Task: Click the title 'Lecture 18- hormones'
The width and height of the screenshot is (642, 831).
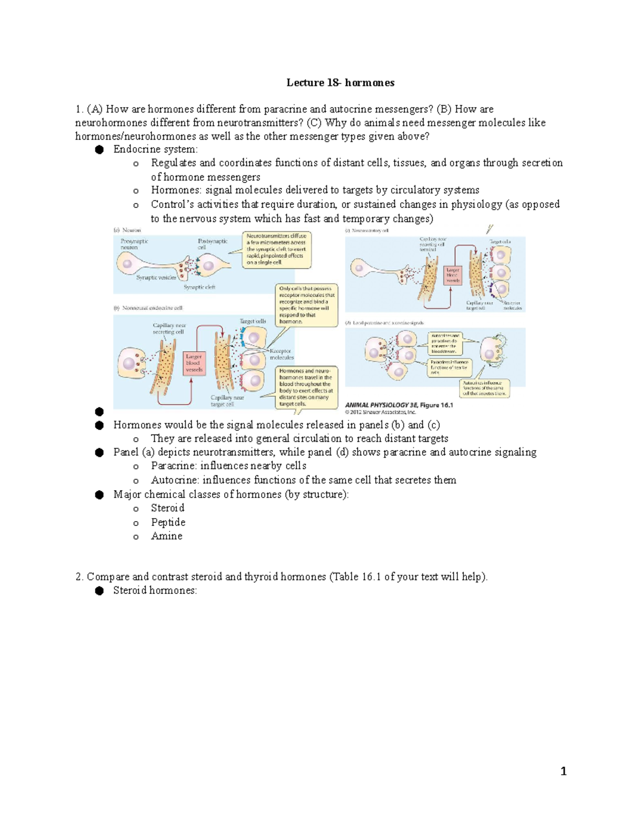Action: [x=340, y=82]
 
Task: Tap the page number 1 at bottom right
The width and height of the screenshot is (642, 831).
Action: [x=563, y=771]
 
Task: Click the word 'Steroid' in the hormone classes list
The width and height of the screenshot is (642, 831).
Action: [x=167, y=508]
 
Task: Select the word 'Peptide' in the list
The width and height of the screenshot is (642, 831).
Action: [x=168, y=522]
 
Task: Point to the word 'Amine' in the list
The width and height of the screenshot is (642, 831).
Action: [x=166, y=536]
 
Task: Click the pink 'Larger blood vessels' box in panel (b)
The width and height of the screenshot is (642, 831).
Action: [x=194, y=363]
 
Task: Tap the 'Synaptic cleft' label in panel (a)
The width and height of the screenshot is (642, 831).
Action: [x=199, y=287]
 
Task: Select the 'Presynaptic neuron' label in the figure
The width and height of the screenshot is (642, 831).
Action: [x=134, y=244]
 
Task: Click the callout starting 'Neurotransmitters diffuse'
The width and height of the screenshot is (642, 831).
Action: [x=277, y=249]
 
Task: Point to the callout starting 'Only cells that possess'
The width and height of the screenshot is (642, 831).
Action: [x=307, y=305]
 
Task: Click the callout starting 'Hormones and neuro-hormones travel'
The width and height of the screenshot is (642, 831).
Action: [x=306, y=387]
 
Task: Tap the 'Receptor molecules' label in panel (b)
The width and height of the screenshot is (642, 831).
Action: [x=281, y=354]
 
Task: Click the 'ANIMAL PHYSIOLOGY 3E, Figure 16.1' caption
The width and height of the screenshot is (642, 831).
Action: [x=399, y=405]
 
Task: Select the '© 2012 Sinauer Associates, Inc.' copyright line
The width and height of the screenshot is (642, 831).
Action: [x=380, y=413]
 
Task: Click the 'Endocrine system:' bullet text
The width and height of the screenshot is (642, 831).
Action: [x=155, y=149]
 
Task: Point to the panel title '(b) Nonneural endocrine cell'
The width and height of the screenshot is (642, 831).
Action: [x=148, y=308]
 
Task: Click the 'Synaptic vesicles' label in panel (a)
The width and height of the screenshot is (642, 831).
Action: [x=156, y=278]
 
